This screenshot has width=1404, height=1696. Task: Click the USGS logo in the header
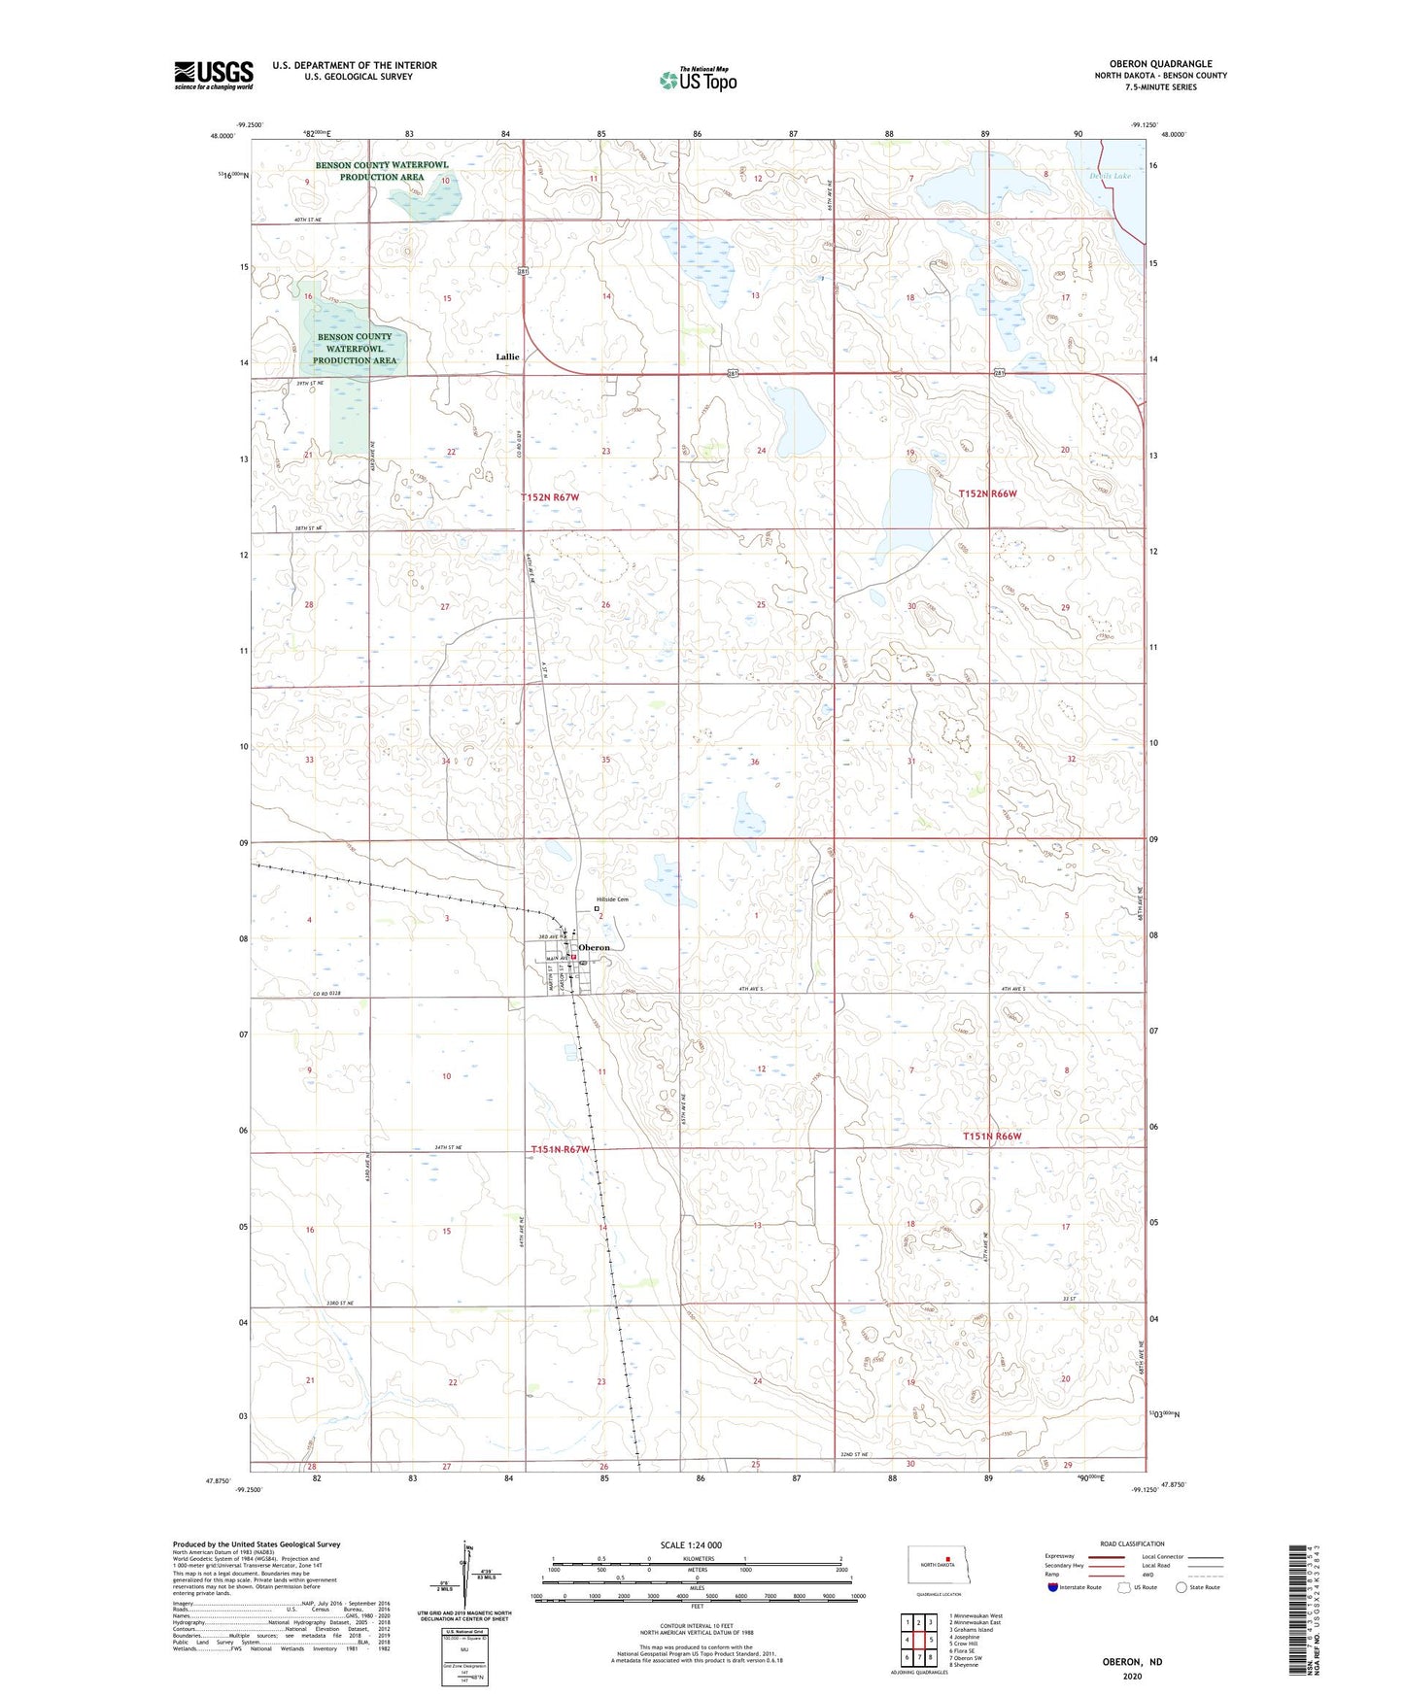click(x=214, y=74)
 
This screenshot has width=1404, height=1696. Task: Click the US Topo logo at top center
click(x=698, y=80)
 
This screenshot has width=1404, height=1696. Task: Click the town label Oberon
click(x=594, y=947)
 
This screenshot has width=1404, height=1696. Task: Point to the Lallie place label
click(x=507, y=356)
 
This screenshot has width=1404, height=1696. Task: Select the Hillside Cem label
click(x=612, y=899)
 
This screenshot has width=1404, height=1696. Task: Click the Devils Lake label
click(x=1110, y=176)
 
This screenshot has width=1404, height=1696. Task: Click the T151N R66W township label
click(x=992, y=1136)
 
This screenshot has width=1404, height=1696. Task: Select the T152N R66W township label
click(x=987, y=493)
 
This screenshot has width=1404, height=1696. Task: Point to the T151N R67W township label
click(x=561, y=1149)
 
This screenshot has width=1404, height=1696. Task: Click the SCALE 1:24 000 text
click(x=691, y=1544)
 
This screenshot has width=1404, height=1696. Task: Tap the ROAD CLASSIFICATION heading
click(x=1132, y=1543)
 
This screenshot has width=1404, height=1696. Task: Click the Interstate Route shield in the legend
click(x=1055, y=1587)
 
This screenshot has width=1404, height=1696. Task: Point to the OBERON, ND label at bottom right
click(x=1132, y=1662)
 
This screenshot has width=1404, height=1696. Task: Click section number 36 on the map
click(x=754, y=763)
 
